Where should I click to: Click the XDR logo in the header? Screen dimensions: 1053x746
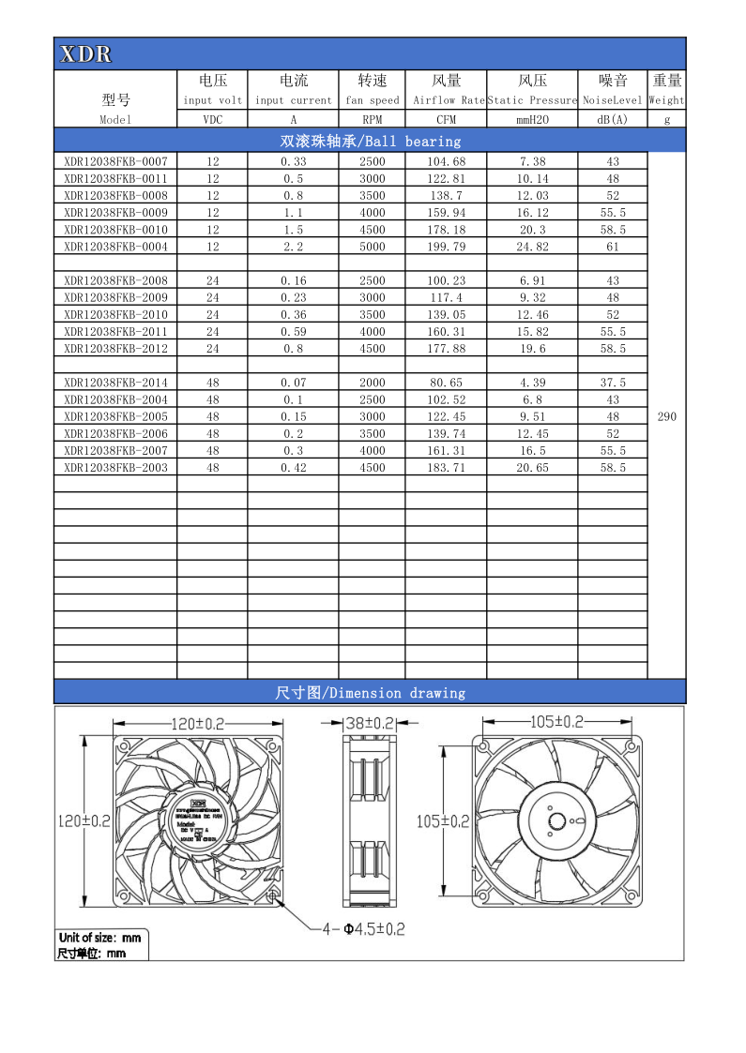[x=85, y=54]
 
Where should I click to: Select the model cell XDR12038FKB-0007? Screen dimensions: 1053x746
[x=115, y=161]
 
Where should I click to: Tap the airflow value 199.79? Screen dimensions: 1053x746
[x=446, y=247]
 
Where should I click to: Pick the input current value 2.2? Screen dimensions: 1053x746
[x=293, y=247]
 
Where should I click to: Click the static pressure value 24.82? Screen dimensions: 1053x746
[x=531, y=247]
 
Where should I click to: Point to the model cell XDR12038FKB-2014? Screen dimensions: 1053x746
[x=115, y=383]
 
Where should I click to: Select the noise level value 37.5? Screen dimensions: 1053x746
[x=613, y=383]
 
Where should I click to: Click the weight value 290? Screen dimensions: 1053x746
[x=666, y=416]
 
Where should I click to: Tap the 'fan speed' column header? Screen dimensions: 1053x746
[x=373, y=100]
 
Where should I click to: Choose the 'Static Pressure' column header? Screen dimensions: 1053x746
[x=531, y=100]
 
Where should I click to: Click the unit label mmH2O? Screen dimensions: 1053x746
[x=531, y=120]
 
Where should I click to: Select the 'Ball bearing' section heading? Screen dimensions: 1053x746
[x=371, y=142]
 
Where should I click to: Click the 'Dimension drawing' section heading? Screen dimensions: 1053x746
[x=371, y=693]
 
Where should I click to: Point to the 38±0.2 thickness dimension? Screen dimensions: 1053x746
[x=368, y=723]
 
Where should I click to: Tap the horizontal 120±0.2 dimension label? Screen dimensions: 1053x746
[x=199, y=723]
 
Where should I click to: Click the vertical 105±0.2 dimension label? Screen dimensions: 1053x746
[x=442, y=821]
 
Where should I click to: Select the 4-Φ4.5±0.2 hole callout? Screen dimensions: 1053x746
[x=363, y=929]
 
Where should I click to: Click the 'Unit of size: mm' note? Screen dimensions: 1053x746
[x=99, y=937]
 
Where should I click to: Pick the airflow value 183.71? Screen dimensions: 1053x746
[x=446, y=467]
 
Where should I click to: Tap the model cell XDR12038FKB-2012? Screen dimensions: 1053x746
[x=115, y=349]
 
